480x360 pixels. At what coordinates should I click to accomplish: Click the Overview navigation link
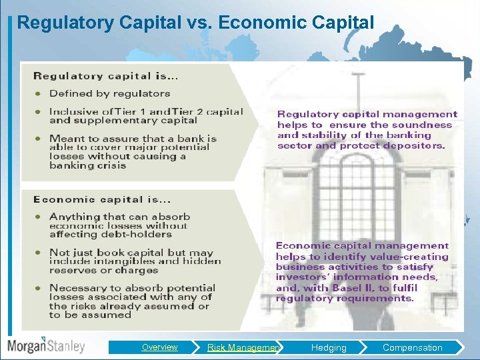(x=159, y=347)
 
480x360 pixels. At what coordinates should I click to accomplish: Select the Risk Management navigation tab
(x=244, y=347)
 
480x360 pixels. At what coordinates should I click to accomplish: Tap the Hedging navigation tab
(x=329, y=347)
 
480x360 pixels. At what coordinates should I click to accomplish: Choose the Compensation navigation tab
(x=412, y=347)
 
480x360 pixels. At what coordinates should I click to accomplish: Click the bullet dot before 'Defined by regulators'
(x=39, y=94)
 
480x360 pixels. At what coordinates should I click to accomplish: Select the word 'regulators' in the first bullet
(x=142, y=94)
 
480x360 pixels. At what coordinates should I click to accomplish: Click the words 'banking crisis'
(x=87, y=165)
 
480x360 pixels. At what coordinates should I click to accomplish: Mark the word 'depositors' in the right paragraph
(x=413, y=145)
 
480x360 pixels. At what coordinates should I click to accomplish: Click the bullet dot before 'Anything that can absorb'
(x=39, y=217)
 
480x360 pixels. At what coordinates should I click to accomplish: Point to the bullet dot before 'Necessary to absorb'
(x=39, y=288)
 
